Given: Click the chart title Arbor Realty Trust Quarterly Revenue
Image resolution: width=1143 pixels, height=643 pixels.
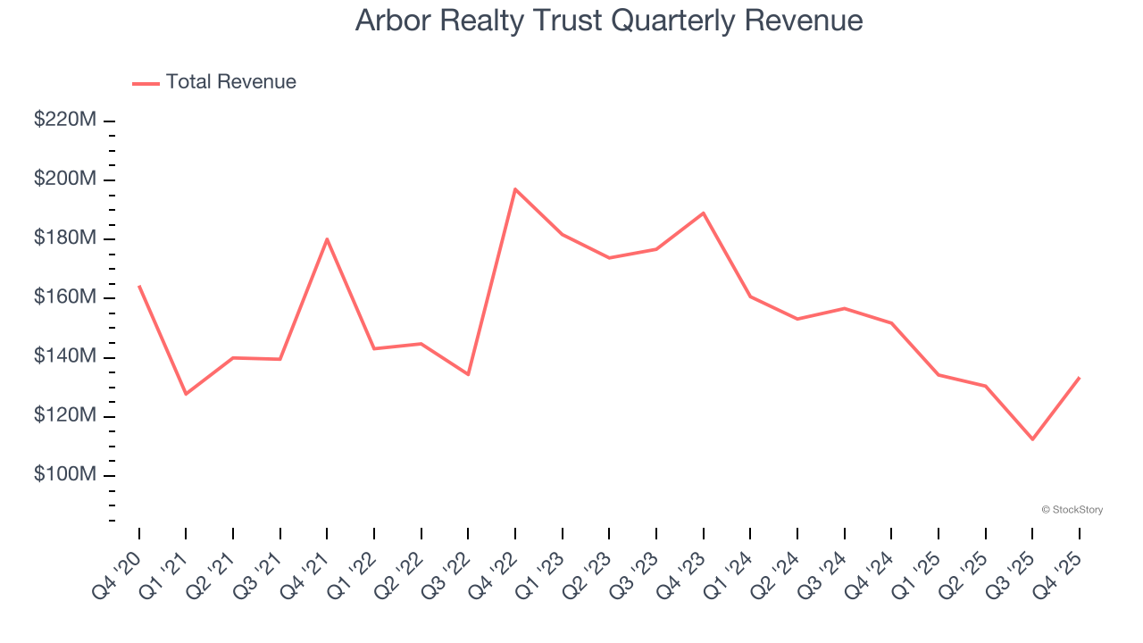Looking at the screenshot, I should point(609,21).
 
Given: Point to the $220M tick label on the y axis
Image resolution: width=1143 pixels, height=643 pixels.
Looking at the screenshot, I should point(64,120).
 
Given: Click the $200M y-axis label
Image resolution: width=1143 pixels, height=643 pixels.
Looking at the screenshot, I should point(64,180).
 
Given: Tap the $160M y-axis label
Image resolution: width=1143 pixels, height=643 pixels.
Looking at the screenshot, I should point(64,297).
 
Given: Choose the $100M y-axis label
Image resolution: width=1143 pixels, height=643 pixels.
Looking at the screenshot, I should point(64,475).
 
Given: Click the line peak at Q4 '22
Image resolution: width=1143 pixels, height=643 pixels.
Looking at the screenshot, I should point(515,189).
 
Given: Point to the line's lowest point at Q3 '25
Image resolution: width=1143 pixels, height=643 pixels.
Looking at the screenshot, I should point(1032,439).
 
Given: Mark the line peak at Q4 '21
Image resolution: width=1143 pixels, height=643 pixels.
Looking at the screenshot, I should point(327,238).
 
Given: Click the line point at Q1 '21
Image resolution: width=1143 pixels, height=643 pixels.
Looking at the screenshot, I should point(186,394).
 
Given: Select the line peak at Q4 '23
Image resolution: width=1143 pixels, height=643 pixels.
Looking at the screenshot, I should point(704,213).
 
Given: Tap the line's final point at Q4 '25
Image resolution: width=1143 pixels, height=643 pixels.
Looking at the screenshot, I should point(1080,378).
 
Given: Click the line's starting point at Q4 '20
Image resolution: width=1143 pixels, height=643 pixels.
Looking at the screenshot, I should point(139,286).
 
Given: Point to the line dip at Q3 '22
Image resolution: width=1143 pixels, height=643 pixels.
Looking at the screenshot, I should point(468,374).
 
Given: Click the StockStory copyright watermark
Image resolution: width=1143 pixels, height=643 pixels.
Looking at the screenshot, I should point(1072,510).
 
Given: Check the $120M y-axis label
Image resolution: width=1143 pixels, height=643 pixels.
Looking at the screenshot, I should point(64,416).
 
